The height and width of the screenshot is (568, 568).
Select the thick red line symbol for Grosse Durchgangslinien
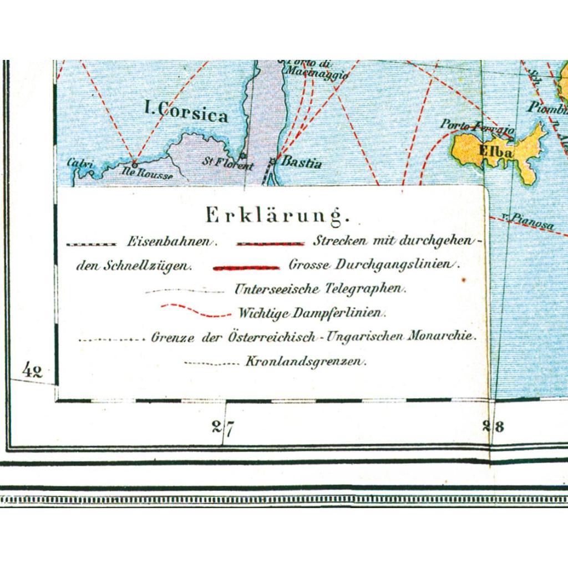point(246,268)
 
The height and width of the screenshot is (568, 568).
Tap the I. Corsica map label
point(185,113)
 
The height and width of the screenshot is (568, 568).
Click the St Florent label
point(227,165)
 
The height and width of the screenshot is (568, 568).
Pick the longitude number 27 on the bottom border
point(224,427)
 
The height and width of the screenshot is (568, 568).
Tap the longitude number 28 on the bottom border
point(492,427)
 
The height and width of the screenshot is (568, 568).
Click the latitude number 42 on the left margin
point(33,370)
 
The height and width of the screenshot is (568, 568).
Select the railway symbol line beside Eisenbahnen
point(91,244)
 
